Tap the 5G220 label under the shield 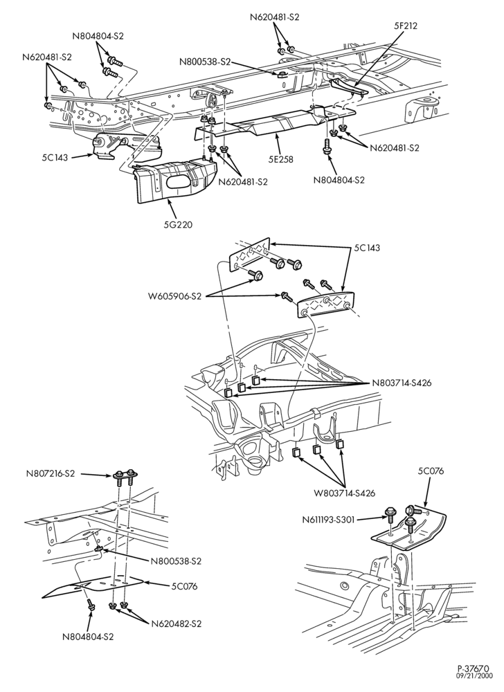click(x=177, y=224)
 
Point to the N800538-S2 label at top click(x=205, y=62)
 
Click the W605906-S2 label click(x=175, y=296)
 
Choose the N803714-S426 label click(x=401, y=383)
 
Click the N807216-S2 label click(x=50, y=474)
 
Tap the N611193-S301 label click(x=328, y=520)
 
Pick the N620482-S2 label click(x=176, y=624)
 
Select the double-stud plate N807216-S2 click(x=125, y=475)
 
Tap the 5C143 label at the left click(x=55, y=156)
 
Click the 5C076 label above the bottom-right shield click(x=431, y=471)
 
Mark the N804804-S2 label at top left click(x=98, y=37)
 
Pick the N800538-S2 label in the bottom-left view click(x=176, y=561)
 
